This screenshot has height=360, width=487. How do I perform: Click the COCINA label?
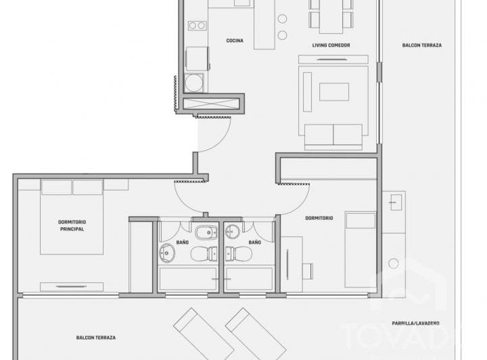pos(235,41)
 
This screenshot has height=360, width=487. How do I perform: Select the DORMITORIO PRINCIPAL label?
pos(72,226)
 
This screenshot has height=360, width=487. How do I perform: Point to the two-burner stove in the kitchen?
pos(197,26)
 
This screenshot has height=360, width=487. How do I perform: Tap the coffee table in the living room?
pos(334,91)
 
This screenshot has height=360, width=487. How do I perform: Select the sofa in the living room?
pos(334,137)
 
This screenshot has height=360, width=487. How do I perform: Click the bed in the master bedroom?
pos(72,217)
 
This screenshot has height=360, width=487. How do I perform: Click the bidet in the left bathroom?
pos(204,233)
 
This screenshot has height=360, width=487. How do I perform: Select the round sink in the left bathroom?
pos(167,254)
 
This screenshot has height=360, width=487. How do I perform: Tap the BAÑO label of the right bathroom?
pos(254,242)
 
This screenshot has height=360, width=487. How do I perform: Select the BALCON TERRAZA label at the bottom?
pos(95,338)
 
